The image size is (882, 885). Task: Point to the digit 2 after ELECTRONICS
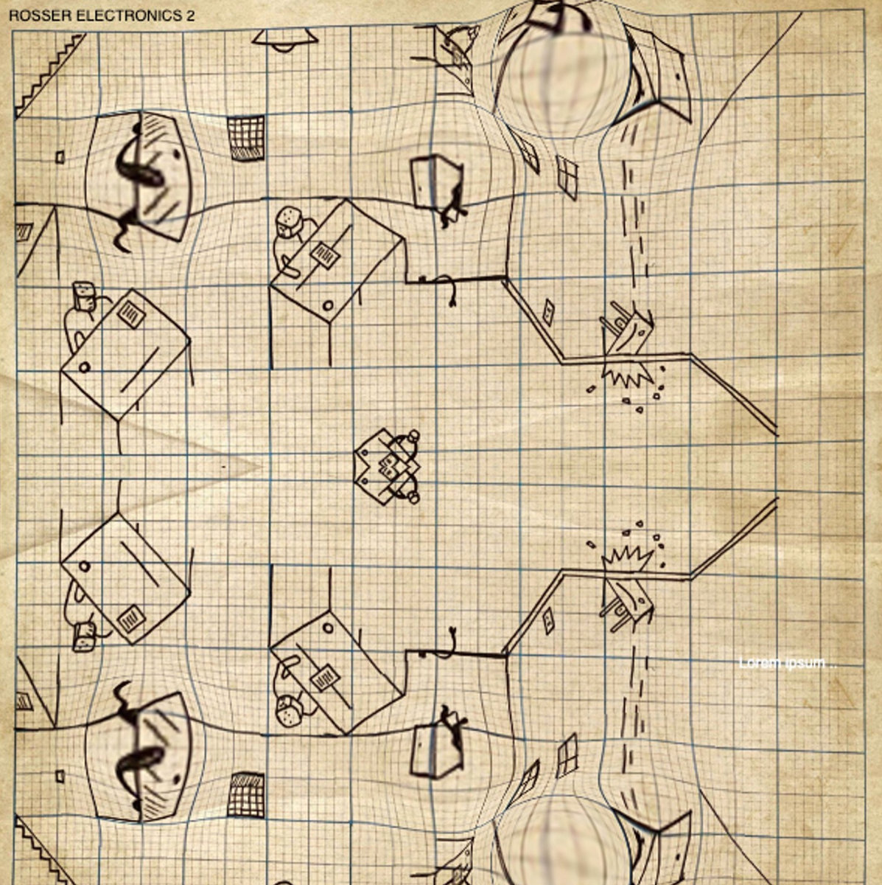191,16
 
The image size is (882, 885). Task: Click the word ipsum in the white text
806,663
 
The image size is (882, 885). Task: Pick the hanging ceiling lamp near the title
284,41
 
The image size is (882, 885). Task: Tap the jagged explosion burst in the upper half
628,375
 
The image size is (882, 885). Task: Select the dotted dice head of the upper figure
289,220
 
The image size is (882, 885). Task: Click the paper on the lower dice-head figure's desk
323,676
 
